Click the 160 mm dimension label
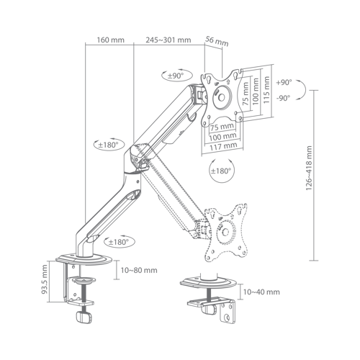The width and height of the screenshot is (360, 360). coord(110,40)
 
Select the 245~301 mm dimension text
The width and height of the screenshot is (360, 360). coord(168,40)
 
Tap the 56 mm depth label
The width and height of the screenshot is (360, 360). coord(217,41)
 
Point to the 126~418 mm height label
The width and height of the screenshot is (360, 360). coord(309,168)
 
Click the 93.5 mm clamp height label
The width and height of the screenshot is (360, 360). coord(45,279)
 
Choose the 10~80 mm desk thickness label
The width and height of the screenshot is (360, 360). coord(139,270)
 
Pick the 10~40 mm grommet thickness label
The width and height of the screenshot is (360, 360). coord(261,292)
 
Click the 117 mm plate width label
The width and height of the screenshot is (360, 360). coord(223,146)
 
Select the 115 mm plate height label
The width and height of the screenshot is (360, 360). coord(266,90)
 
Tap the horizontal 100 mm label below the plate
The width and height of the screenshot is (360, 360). coord(223,137)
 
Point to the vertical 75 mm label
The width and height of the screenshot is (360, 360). coord(246,94)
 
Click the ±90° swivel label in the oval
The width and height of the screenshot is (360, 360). coord(176,76)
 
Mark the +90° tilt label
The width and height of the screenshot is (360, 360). coord(284,82)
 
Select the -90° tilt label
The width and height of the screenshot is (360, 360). coord(284,98)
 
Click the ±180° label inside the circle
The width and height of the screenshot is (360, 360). coord(221,171)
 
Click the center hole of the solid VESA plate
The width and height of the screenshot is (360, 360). coord(221,97)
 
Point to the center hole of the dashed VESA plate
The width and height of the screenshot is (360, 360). coord(225,232)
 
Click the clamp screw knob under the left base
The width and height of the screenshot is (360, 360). coord(84,317)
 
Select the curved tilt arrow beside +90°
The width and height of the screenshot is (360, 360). coord(305,90)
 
